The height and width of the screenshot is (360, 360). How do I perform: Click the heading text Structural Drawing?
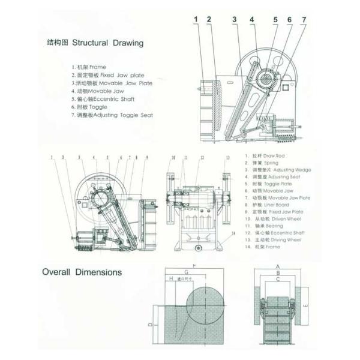tap(108, 43)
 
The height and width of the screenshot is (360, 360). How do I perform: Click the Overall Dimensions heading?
tap(82, 272)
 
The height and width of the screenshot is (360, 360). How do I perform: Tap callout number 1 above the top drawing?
tap(196, 20)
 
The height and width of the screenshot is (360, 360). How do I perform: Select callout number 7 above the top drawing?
tap(304, 20)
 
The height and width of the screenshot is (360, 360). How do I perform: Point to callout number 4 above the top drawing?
tap(252, 20)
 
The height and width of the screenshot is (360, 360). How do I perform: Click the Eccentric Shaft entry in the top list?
tap(106, 98)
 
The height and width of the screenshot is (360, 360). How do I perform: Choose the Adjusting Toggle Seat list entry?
tap(112, 114)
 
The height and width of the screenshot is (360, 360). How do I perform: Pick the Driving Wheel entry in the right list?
tap(277, 239)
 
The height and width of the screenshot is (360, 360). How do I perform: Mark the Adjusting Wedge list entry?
tap(278, 170)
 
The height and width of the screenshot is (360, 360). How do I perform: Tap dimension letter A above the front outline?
tap(277, 265)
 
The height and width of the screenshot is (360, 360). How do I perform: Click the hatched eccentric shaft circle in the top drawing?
tap(264, 77)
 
